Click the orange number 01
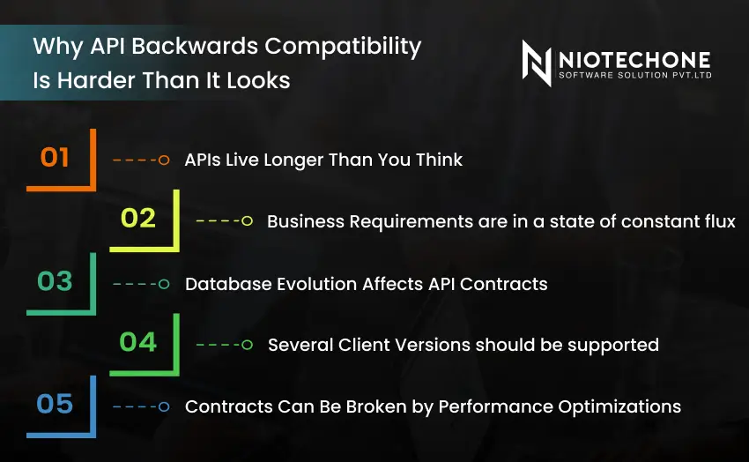(55, 158)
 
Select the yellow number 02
(137, 219)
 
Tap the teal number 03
(55, 281)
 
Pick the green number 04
(137, 342)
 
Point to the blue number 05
(55, 405)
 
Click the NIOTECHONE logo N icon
(536, 63)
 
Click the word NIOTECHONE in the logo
(634, 59)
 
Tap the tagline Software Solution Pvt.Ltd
(634, 77)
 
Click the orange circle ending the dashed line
(163, 160)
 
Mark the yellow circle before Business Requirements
(247, 221)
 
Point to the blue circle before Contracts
(163, 406)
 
